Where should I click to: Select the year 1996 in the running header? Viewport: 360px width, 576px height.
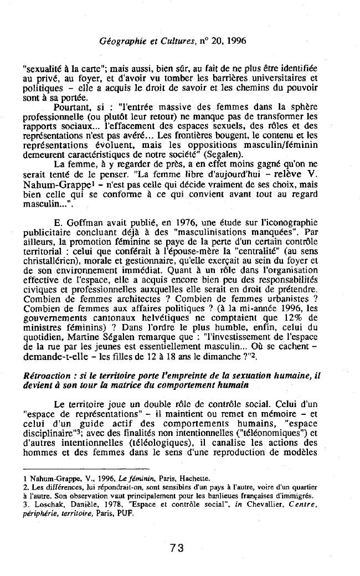pos(235,41)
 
